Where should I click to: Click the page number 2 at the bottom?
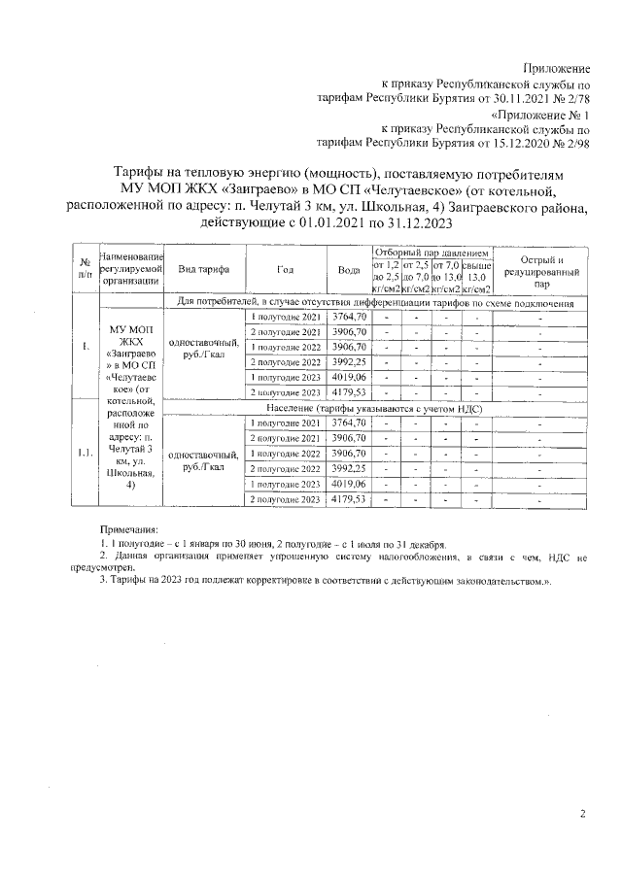(x=582, y=814)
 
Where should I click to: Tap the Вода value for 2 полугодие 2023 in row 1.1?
(x=349, y=498)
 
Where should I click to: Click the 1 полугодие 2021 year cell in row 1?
(x=285, y=318)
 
